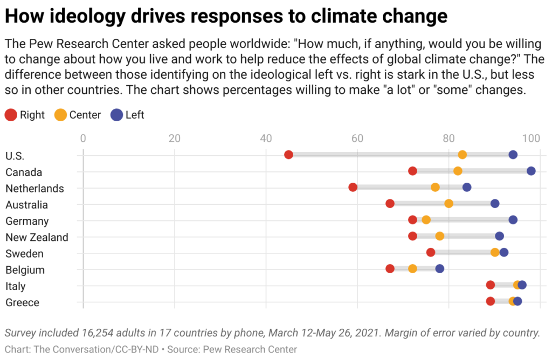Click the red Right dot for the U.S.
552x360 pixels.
[x=288, y=155]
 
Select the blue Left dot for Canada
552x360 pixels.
[x=531, y=171]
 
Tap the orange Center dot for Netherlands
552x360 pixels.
[x=435, y=188]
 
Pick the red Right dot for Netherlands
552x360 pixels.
[x=353, y=188]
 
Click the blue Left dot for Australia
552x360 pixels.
[x=495, y=204]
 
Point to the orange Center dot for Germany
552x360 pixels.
[x=426, y=220]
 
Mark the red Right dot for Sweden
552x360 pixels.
[x=431, y=252]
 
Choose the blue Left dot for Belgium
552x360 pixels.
[x=440, y=268]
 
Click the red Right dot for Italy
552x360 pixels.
[x=490, y=285]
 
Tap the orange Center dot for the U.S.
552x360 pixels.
[x=462, y=155]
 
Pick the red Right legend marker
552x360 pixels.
[x=10, y=115]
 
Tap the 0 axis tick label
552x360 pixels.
[x=83, y=138]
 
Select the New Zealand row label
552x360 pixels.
[x=37, y=237]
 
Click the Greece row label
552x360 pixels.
[x=22, y=302]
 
